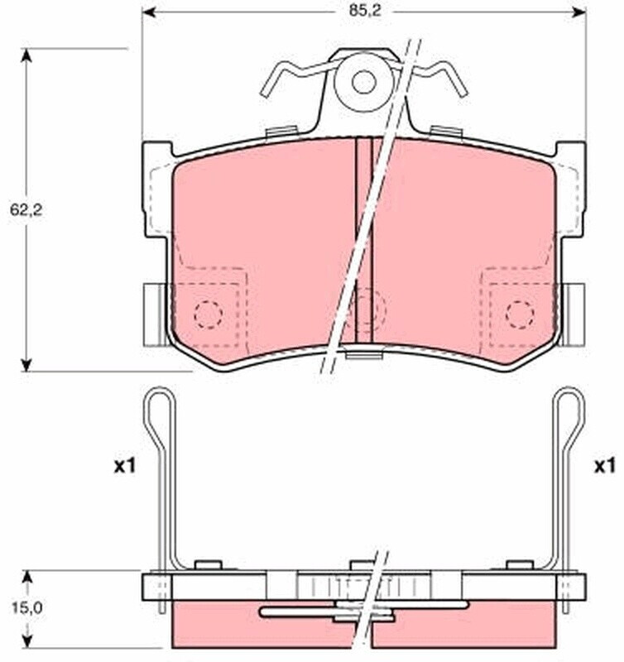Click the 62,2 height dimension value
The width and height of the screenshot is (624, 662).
26,210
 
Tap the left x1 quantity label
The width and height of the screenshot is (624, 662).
125,467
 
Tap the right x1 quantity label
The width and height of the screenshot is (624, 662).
605,467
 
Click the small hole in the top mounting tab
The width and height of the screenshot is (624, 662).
363,82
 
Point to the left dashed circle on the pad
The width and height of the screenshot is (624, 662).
209,314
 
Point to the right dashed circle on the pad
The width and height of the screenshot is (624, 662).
520,314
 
